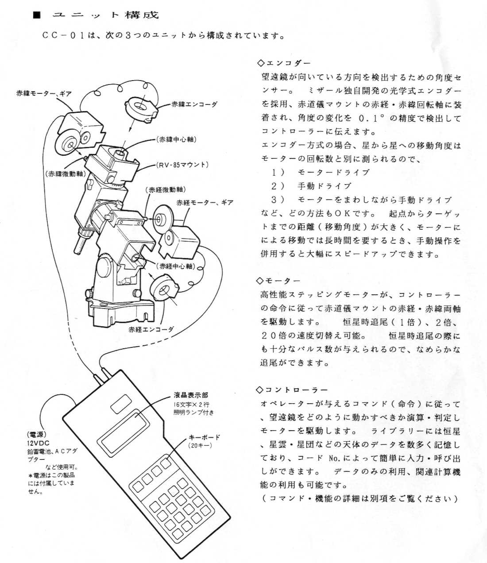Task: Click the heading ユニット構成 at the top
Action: coord(105,15)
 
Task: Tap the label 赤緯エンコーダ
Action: coord(195,105)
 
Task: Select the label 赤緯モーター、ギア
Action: coord(44,94)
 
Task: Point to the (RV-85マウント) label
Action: coord(182,165)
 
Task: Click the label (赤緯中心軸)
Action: coord(176,139)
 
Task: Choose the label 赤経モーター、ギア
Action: coord(205,203)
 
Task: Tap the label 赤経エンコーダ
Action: coord(151,330)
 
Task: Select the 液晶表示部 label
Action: coord(190,395)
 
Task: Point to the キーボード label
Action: coord(204,437)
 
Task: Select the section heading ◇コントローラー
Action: coord(293,390)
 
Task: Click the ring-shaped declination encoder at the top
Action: coord(139,108)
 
